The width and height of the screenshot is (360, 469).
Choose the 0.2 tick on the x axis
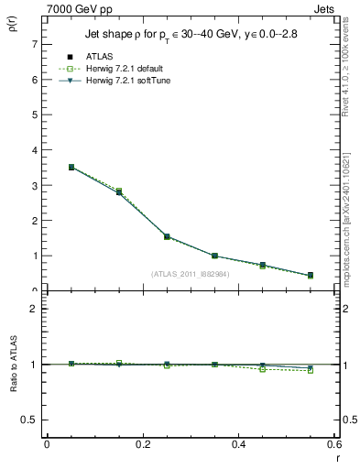coord(142,444)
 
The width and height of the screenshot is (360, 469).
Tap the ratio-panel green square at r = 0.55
coord(310,370)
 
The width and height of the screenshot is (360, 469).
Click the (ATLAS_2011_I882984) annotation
coord(191,273)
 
